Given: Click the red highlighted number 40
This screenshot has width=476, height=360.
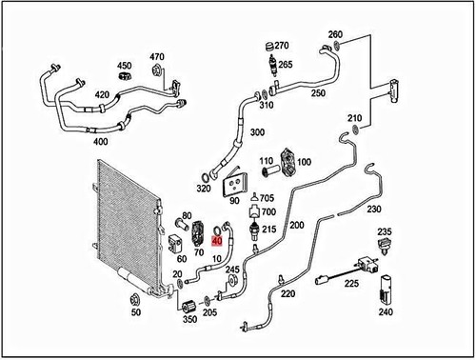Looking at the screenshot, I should tap(217, 242).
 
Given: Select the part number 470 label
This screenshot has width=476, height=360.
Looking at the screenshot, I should tap(157, 56).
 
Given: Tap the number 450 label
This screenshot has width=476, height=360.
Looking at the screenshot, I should tap(124, 66).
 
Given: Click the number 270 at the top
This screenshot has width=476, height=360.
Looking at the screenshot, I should tap(280, 45).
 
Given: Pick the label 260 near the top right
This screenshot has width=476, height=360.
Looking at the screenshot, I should tap(335, 35).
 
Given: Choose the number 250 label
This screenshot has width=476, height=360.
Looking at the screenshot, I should tap(318, 93).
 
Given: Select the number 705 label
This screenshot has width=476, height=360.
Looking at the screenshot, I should tap(268, 198).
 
